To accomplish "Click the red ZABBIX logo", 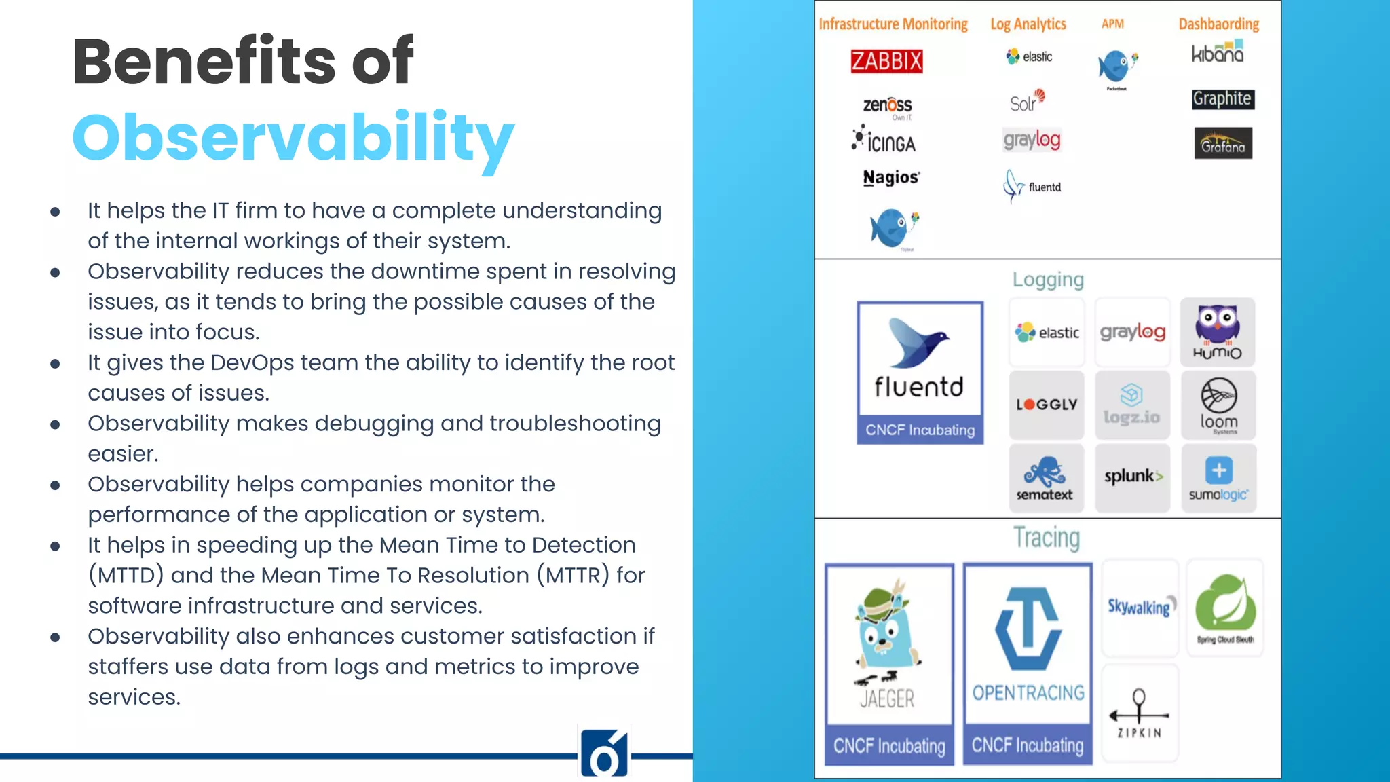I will [x=886, y=61].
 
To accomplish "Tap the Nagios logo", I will [x=891, y=177].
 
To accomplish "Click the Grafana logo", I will [x=1223, y=143].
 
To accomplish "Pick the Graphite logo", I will [x=1223, y=99].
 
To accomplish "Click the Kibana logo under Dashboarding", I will [x=1218, y=53].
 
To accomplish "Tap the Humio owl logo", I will [x=1218, y=332].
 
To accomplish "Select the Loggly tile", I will [x=1047, y=405].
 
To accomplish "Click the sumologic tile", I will [x=1218, y=479].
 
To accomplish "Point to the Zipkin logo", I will [x=1140, y=713].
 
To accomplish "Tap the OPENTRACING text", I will [x=1028, y=693].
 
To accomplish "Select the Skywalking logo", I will [x=1140, y=607].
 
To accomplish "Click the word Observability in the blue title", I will [x=293, y=138].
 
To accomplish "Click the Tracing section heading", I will [x=1047, y=538].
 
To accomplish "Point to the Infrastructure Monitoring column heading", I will [x=893, y=24].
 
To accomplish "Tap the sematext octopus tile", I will [x=1045, y=478].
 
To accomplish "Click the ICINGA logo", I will [x=884, y=141].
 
